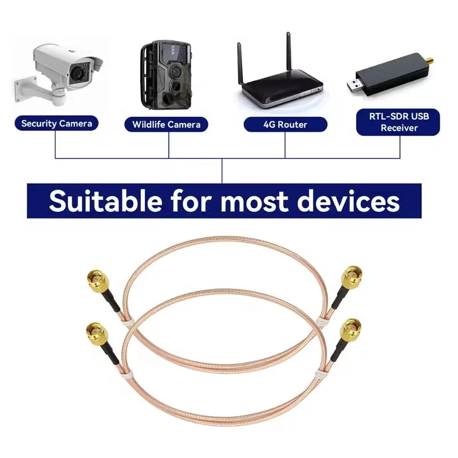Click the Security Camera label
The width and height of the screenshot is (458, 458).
pyautogui.click(x=56, y=123)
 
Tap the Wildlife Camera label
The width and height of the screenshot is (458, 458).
pyautogui.click(x=166, y=124)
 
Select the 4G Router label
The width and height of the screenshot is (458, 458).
pyautogui.click(x=285, y=124)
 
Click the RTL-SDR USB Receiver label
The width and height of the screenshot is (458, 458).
pyautogui.click(x=398, y=123)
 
